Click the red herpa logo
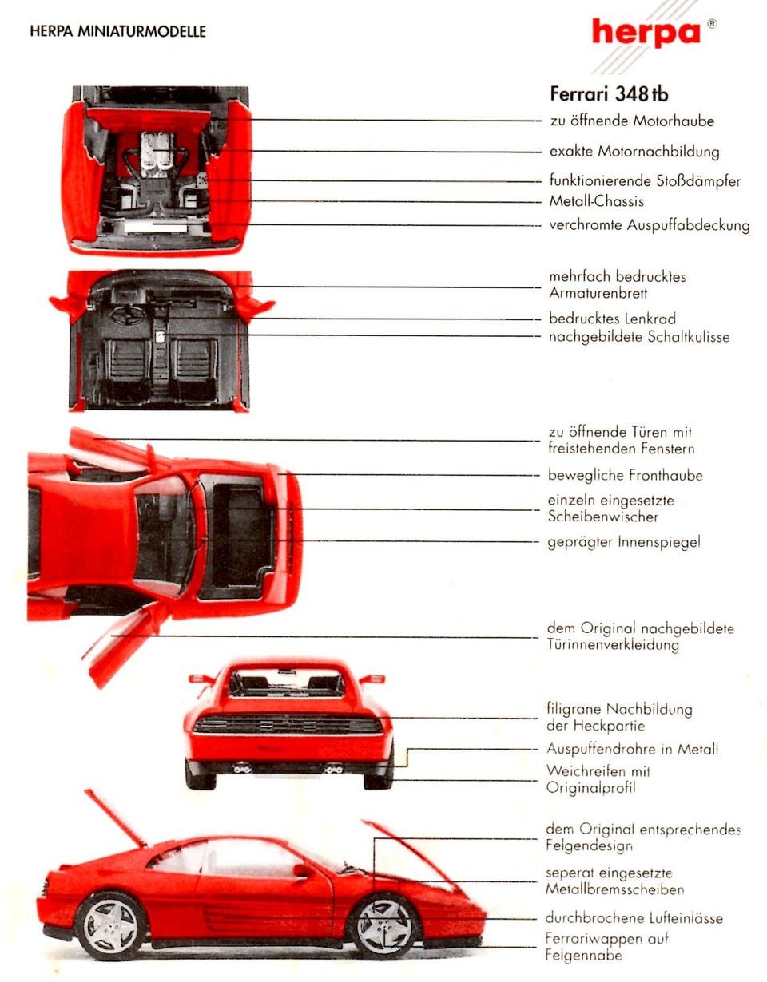pyautogui.click(x=646, y=34)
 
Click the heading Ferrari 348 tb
pyautogui.click(x=609, y=93)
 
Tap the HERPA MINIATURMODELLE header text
pyautogui.click(x=117, y=32)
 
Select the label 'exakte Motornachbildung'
pyautogui.click(x=634, y=152)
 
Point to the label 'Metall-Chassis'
pyautogui.click(x=596, y=201)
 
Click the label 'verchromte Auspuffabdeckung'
pyautogui.click(x=649, y=225)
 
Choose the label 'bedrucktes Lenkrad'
pyautogui.click(x=612, y=319)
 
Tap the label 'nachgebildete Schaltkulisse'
pyautogui.click(x=638, y=337)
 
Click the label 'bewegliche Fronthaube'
pyautogui.click(x=625, y=476)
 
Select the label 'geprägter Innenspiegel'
pyautogui.click(x=623, y=542)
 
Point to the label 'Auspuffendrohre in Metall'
pyautogui.click(x=632, y=749)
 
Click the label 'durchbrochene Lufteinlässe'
pyautogui.click(x=634, y=918)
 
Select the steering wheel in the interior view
pyautogui.click(x=127, y=315)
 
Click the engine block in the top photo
pyautogui.click(x=157, y=154)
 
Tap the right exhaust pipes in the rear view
pyautogui.click(x=333, y=769)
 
